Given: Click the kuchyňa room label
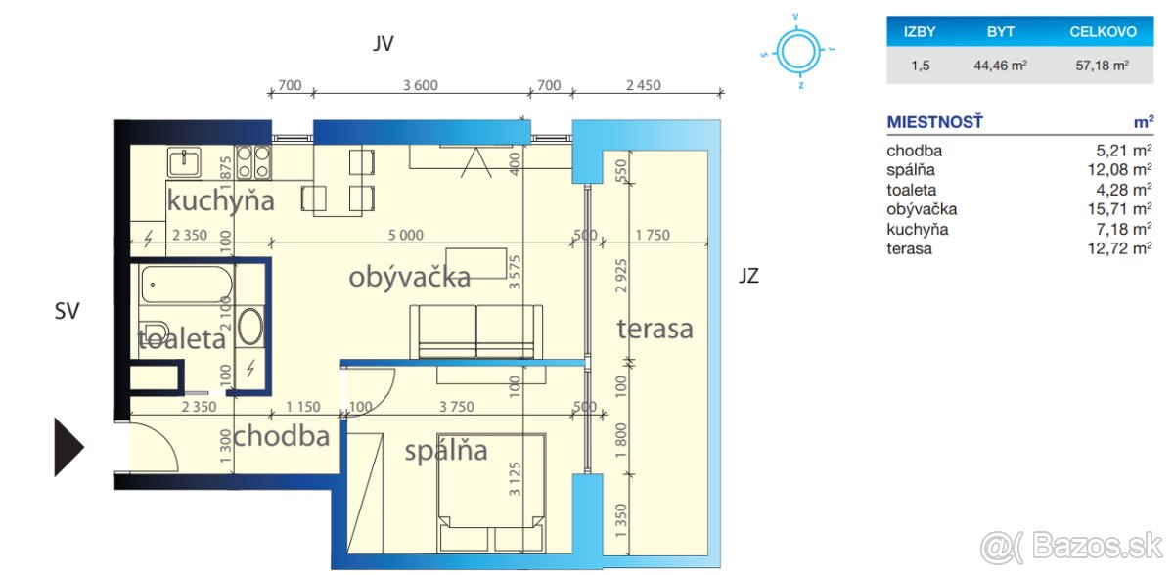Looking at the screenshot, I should pyautogui.click(x=219, y=201).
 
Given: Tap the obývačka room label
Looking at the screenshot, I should pyautogui.click(x=409, y=278).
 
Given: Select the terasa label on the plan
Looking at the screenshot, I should pyautogui.click(x=655, y=329).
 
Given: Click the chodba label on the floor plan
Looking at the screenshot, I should pyautogui.click(x=281, y=435).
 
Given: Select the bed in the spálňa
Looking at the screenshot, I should pyautogui.click(x=491, y=489).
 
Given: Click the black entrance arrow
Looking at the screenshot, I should pyautogui.click(x=68, y=447).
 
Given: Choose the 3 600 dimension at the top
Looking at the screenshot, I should pyautogui.click(x=420, y=85).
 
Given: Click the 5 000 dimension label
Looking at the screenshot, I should pyautogui.click(x=404, y=235).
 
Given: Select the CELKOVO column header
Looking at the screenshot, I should pyautogui.click(x=1103, y=32).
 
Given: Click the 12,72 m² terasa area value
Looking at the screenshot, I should pyautogui.click(x=1124, y=248).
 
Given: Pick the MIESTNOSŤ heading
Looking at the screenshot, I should pyautogui.click(x=933, y=122).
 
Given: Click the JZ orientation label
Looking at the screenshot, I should pyautogui.click(x=748, y=276).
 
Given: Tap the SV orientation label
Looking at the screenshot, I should pyautogui.click(x=66, y=311).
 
